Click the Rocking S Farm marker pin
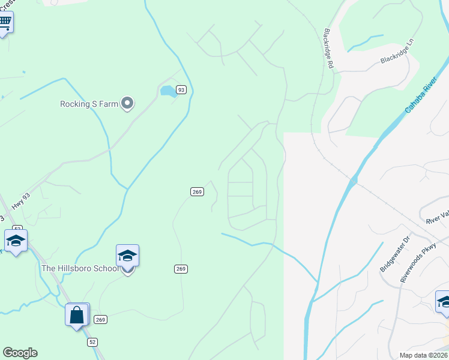(127, 104)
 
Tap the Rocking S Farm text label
(89, 104)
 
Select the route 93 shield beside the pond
(181, 90)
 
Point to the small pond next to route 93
(167, 91)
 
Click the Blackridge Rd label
(328, 48)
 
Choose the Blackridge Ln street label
(397, 52)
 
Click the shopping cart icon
(5, 23)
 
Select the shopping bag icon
(77, 314)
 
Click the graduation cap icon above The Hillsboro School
(127, 256)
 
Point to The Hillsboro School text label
(80, 268)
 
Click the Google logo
(20, 353)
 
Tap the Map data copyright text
(424, 355)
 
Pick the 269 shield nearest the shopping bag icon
(101, 319)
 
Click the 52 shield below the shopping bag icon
(91, 341)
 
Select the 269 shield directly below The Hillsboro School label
(181, 269)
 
